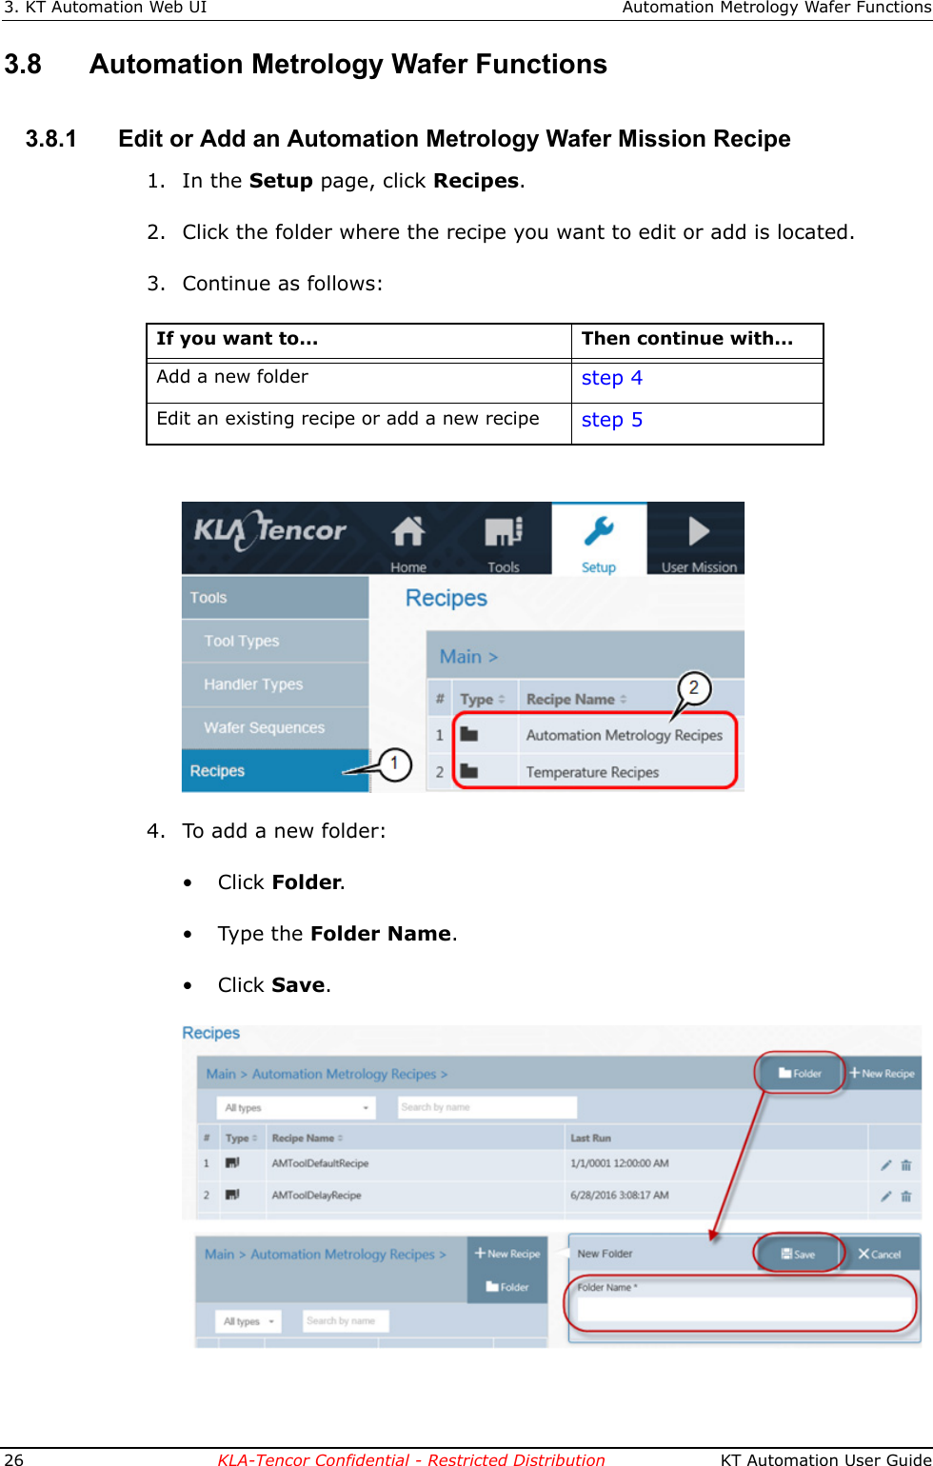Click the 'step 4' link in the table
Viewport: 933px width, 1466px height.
[x=611, y=378]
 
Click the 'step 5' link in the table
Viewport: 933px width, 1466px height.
[x=611, y=420]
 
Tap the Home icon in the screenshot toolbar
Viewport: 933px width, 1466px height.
[x=408, y=532]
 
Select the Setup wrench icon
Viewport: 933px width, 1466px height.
[x=599, y=532]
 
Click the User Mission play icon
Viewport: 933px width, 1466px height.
[x=699, y=531]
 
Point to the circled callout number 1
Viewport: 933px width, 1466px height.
[x=394, y=763]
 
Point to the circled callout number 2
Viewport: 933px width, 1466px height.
[x=694, y=687]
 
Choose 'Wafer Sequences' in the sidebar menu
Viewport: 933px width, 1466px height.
[x=264, y=727]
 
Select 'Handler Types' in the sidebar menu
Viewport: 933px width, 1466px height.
[x=253, y=683]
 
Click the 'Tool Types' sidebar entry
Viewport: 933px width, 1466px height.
[x=242, y=641]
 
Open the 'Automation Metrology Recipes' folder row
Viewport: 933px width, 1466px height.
[x=624, y=735]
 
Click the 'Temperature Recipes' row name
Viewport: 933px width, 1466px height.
[x=592, y=772]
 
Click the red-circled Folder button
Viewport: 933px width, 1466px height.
[x=800, y=1073]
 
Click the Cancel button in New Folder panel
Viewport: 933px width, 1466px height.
[x=879, y=1254]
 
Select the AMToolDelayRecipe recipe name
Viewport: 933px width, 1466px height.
[x=316, y=1195]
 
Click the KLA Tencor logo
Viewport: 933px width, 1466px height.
[x=270, y=531]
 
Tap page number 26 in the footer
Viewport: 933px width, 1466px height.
[x=14, y=1458]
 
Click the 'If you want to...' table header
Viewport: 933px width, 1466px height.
[x=237, y=339]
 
